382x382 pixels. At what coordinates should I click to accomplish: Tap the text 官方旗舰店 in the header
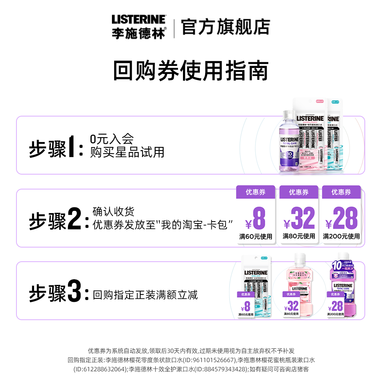point(225,27)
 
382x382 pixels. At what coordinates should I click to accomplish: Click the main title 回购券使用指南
point(191,70)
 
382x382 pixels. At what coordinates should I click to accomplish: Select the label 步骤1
point(56,149)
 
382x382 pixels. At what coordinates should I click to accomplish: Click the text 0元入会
point(112,139)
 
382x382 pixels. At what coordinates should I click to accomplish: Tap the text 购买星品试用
point(127,152)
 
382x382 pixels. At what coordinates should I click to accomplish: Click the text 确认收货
point(113,211)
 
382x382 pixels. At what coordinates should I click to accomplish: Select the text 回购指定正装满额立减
point(145,295)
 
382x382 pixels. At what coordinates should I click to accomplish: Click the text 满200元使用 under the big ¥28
point(341,236)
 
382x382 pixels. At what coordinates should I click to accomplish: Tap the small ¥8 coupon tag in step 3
point(246,304)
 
